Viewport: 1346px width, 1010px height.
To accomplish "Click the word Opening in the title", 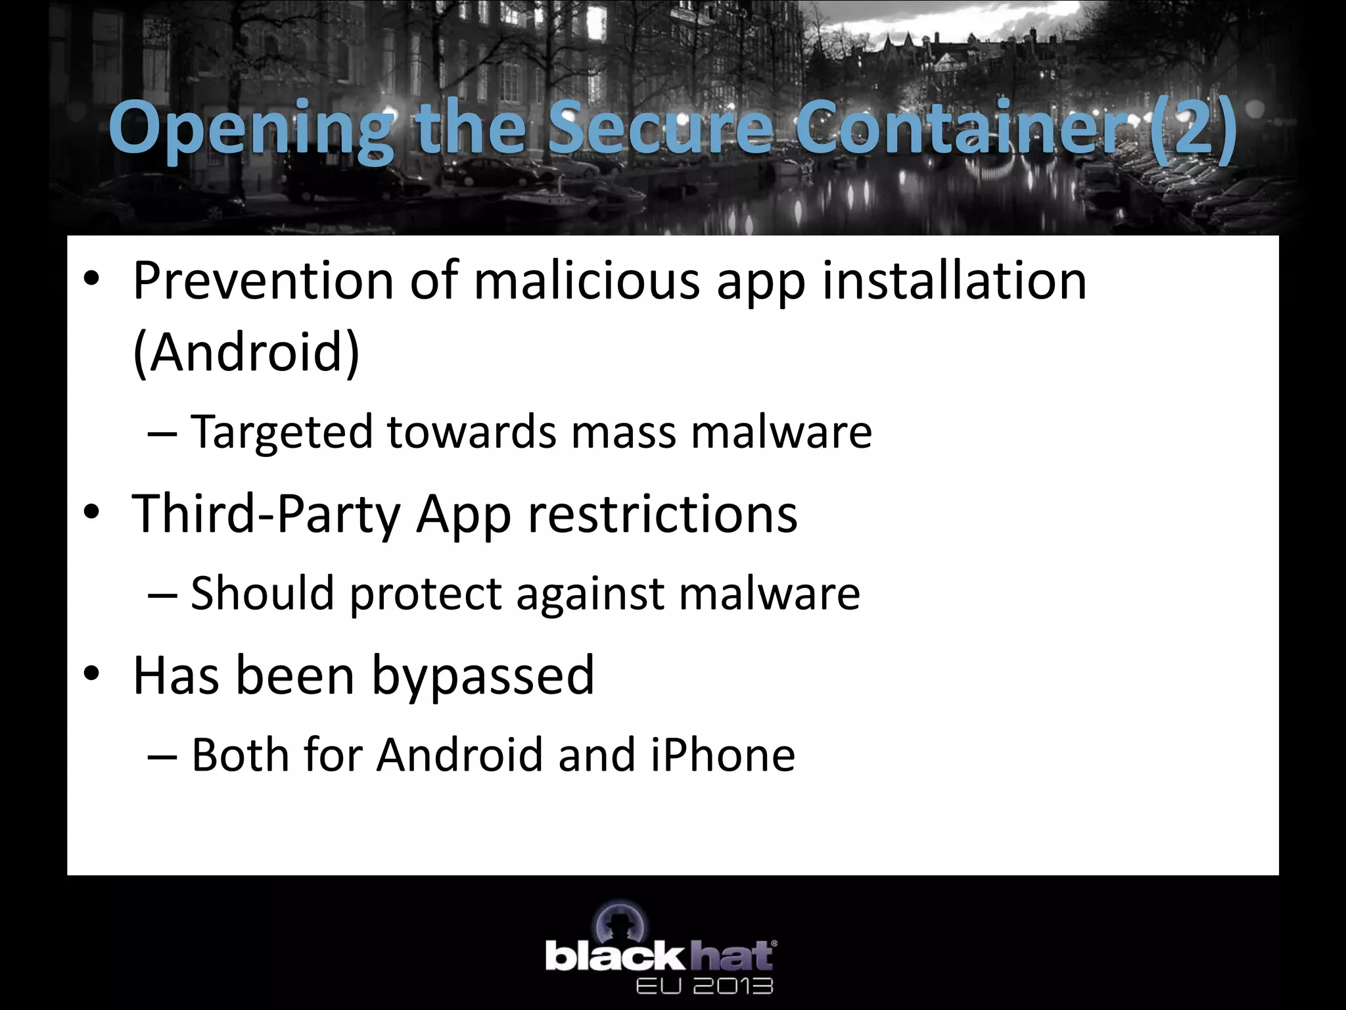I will (250, 128).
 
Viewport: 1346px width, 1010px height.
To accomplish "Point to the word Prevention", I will (263, 281).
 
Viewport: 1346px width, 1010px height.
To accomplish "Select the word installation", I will (954, 281).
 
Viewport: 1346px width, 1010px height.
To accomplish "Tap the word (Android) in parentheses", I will (246, 352).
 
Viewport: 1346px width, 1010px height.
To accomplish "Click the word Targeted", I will (282, 433).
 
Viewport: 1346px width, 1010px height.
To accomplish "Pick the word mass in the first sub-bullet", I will (623, 433).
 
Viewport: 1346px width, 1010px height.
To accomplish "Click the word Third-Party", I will (266, 514).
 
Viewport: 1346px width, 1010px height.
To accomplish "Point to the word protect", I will (425, 594).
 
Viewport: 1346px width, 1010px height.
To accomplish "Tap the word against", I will (590, 594).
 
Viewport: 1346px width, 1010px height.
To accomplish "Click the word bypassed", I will (483, 676).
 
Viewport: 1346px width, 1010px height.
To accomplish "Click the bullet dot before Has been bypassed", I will (91, 674).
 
